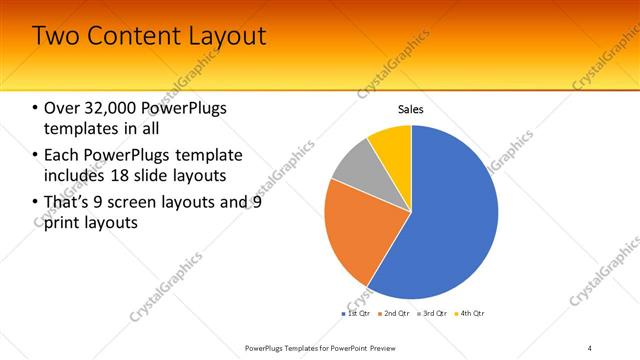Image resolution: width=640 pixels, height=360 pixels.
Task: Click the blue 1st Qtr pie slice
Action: click(450, 220)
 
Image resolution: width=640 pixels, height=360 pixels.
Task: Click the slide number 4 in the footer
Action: click(590, 347)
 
